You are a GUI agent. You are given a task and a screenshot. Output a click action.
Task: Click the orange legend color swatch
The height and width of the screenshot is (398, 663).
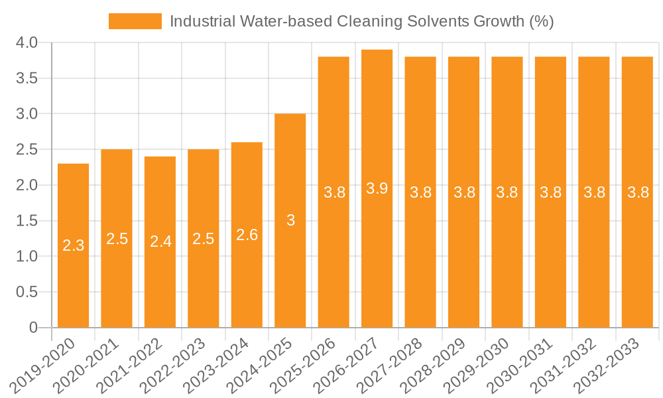135,21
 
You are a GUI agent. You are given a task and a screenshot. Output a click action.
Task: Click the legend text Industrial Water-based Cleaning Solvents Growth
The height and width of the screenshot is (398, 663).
361,21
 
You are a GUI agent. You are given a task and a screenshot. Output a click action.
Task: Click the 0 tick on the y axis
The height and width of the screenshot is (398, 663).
34,328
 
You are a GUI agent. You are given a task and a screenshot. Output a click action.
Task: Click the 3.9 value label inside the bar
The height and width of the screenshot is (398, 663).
377,188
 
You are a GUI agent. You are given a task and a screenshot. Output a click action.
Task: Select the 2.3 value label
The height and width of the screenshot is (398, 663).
73,245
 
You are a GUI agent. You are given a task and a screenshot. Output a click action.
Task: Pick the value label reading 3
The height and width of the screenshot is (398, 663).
290,221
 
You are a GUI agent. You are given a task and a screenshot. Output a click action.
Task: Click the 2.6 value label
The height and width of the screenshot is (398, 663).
247,235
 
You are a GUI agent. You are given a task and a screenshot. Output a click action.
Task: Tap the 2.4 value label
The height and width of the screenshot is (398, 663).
160,242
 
